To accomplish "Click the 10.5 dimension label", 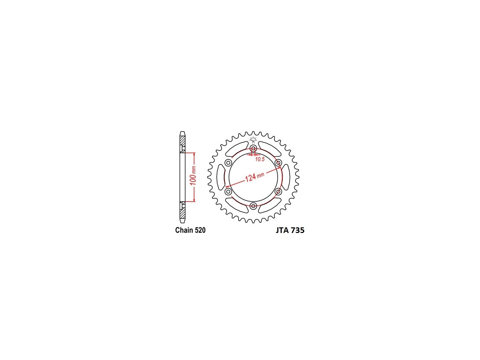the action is point(260,159).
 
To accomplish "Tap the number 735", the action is point(298,230).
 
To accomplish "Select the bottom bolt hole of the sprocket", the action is point(253,206).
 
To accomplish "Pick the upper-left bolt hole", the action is point(228,163).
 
